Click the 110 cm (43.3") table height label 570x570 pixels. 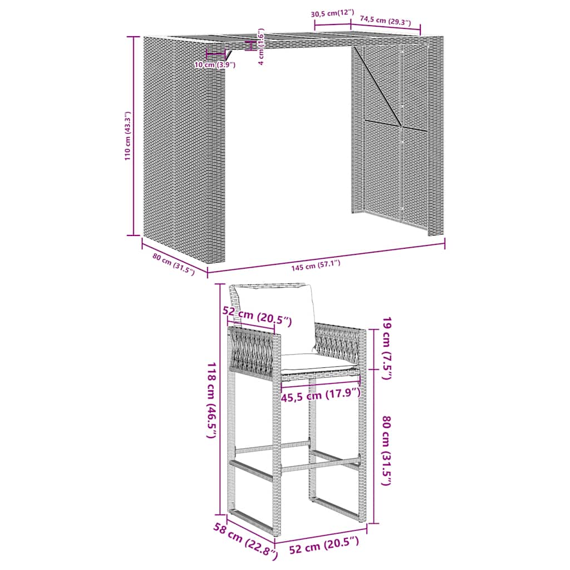coord(127,136)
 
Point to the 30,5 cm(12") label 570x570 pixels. coord(332,14)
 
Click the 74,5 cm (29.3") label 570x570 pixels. coord(385,21)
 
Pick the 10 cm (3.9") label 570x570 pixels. coord(215,65)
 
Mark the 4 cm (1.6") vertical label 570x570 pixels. coord(261,46)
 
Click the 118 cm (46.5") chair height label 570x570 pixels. coord(212,400)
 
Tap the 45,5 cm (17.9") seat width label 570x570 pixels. coord(321,395)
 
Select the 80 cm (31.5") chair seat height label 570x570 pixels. coord(386,451)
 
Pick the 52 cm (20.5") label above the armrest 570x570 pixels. coord(257,316)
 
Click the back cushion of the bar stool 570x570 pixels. coord(276,317)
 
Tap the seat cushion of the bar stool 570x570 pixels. coord(318,363)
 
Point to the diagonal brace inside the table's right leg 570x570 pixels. coord(377,86)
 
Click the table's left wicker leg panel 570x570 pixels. coord(184,149)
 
